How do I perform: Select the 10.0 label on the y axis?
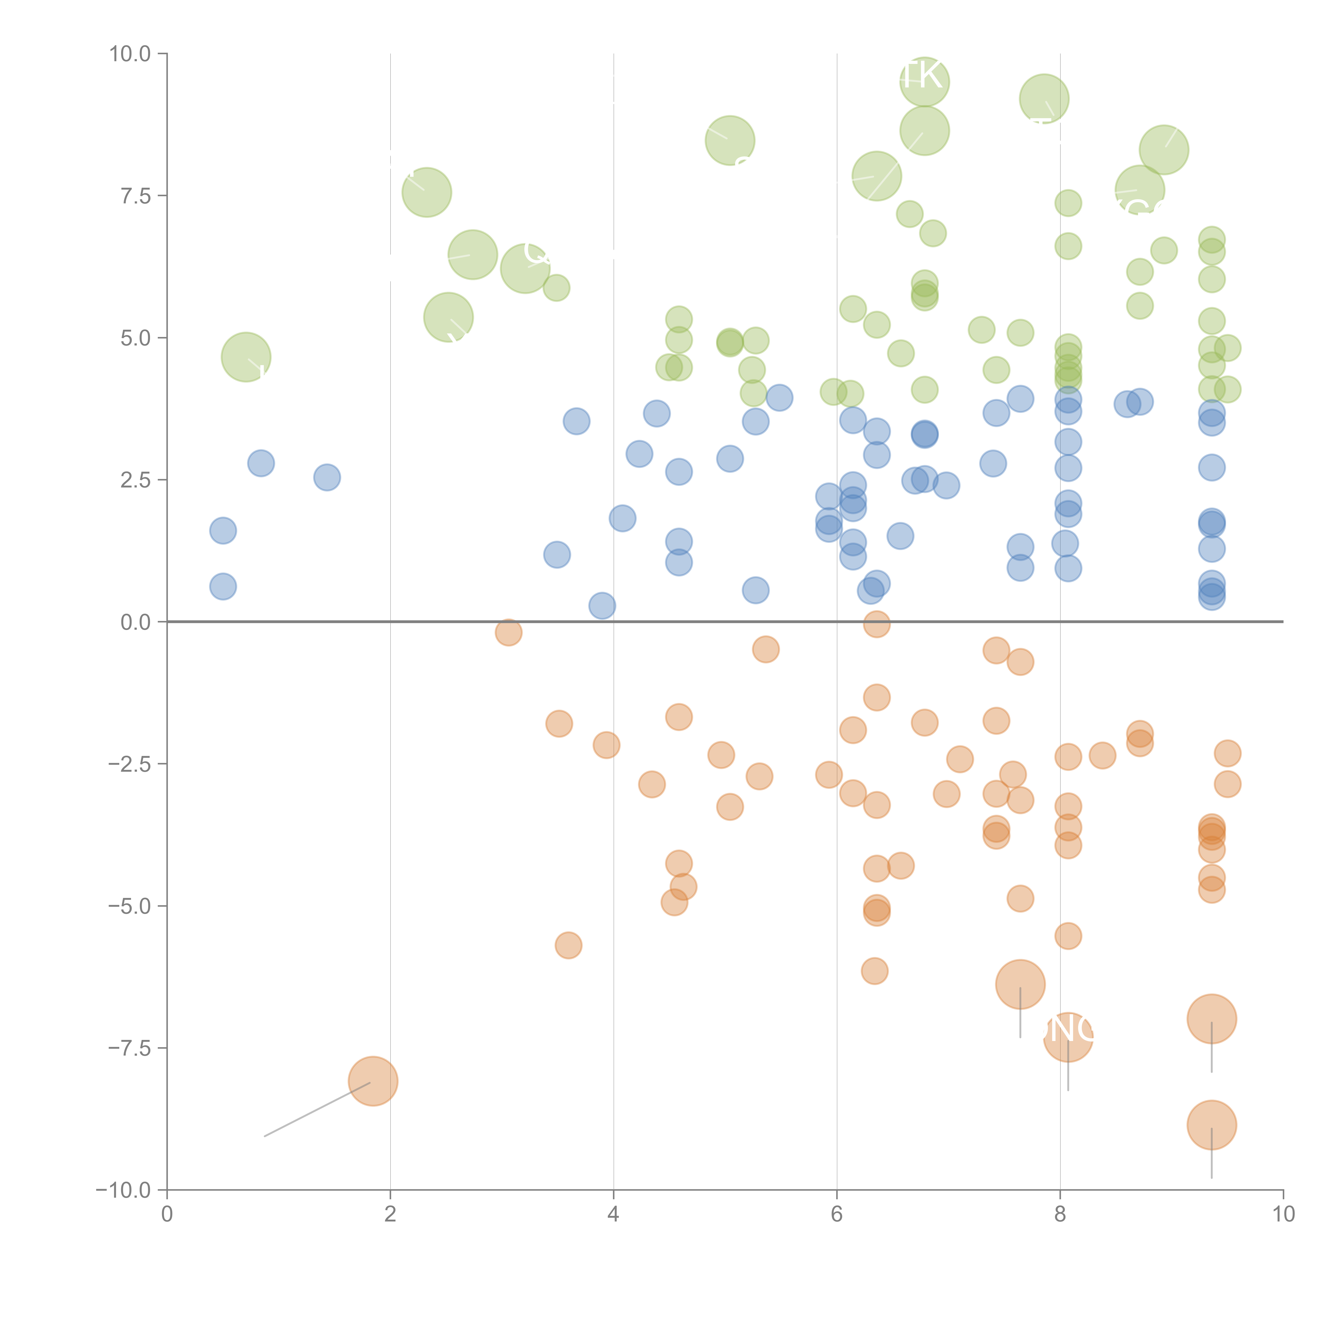(x=130, y=54)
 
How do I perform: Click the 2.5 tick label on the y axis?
(x=136, y=480)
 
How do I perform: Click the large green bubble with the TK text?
(x=925, y=82)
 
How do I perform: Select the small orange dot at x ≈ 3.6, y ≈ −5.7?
(x=568, y=945)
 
